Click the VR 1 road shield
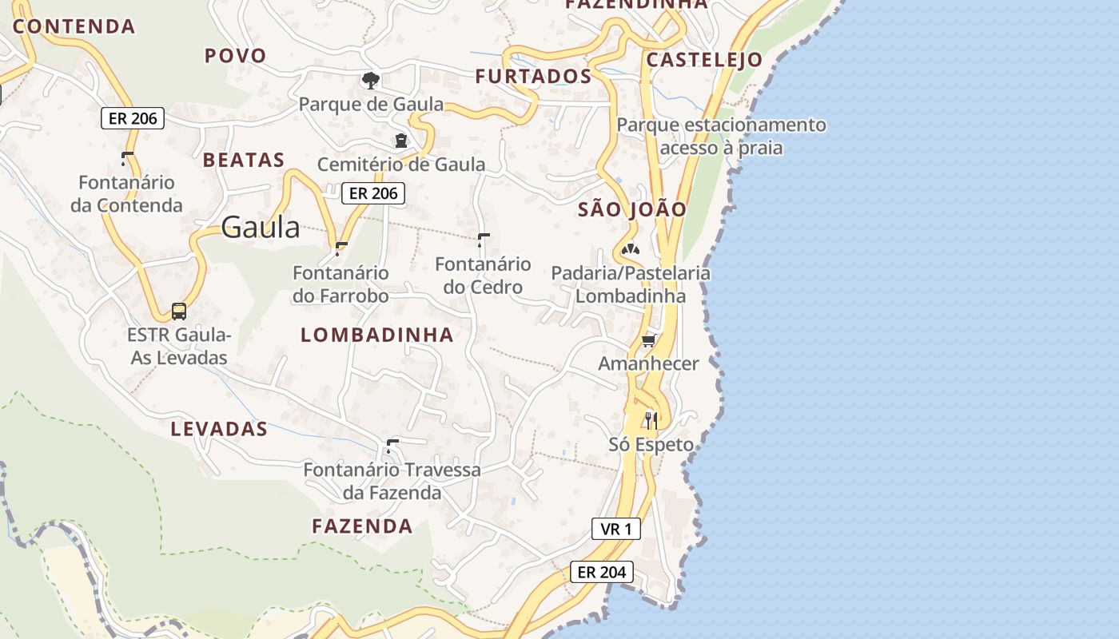pos(616,529)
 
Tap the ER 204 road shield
pos(602,572)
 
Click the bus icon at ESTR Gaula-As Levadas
pos(179,312)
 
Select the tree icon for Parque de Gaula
pos(370,80)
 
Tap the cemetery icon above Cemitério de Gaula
pos(400,141)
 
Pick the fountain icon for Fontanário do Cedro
pos(483,239)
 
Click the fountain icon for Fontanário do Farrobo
pos(341,248)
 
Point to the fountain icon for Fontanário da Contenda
pos(127,157)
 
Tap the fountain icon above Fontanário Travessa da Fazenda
pos(392,446)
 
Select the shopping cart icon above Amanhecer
pos(648,341)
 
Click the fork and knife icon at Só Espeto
pos(651,420)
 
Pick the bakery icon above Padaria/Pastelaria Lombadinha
pos(631,249)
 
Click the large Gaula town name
pos(261,228)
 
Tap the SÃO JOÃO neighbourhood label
pos(631,210)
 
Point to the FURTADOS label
pos(533,77)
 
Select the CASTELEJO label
pos(704,60)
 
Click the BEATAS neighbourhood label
pos(244,160)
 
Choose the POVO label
pos(235,56)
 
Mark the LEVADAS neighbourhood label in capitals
pos(219,429)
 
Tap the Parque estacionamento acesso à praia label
pos(721,137)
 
